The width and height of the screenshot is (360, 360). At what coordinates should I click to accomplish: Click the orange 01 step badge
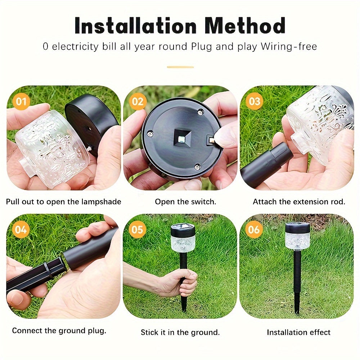(x=21, y=102)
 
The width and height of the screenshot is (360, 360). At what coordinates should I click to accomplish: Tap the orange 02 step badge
(x=138, y=102)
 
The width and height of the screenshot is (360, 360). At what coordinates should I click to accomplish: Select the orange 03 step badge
(x=255, y=102)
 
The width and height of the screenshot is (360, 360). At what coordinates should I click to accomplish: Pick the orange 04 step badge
(x=21, y=229)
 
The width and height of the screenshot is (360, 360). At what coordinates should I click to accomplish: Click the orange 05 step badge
(x=138, y=229)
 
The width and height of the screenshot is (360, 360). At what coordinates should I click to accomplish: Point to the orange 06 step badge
(x=255, y=229)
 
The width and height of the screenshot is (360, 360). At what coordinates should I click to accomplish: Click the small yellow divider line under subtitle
(x=180, y=67)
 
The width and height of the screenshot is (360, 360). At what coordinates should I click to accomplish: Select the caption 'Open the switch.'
(x=185, y=202)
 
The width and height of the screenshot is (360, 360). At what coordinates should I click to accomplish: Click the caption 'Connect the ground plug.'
(x=59, y=330)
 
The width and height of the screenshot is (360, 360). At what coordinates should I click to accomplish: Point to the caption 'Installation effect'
(x=298, y=332)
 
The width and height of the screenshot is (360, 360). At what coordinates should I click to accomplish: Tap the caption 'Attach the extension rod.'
(x=299, y=202)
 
